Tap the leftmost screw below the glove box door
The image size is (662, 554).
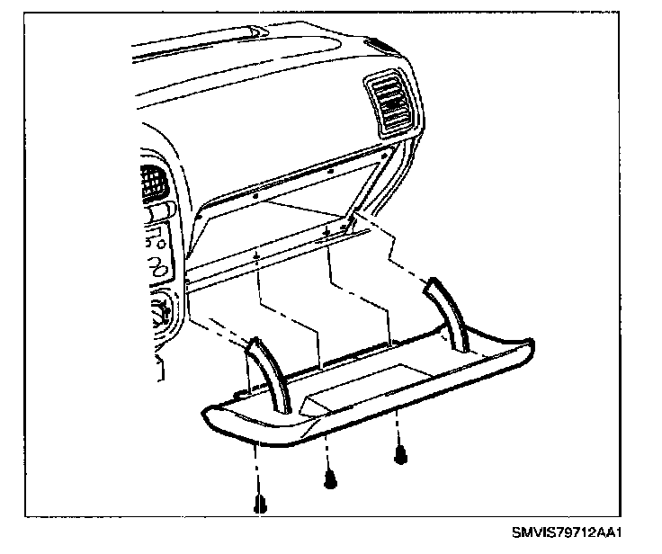point(261,505)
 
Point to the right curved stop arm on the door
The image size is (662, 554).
point(449,315)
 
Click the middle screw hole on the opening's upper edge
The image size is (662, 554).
point(331,169)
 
